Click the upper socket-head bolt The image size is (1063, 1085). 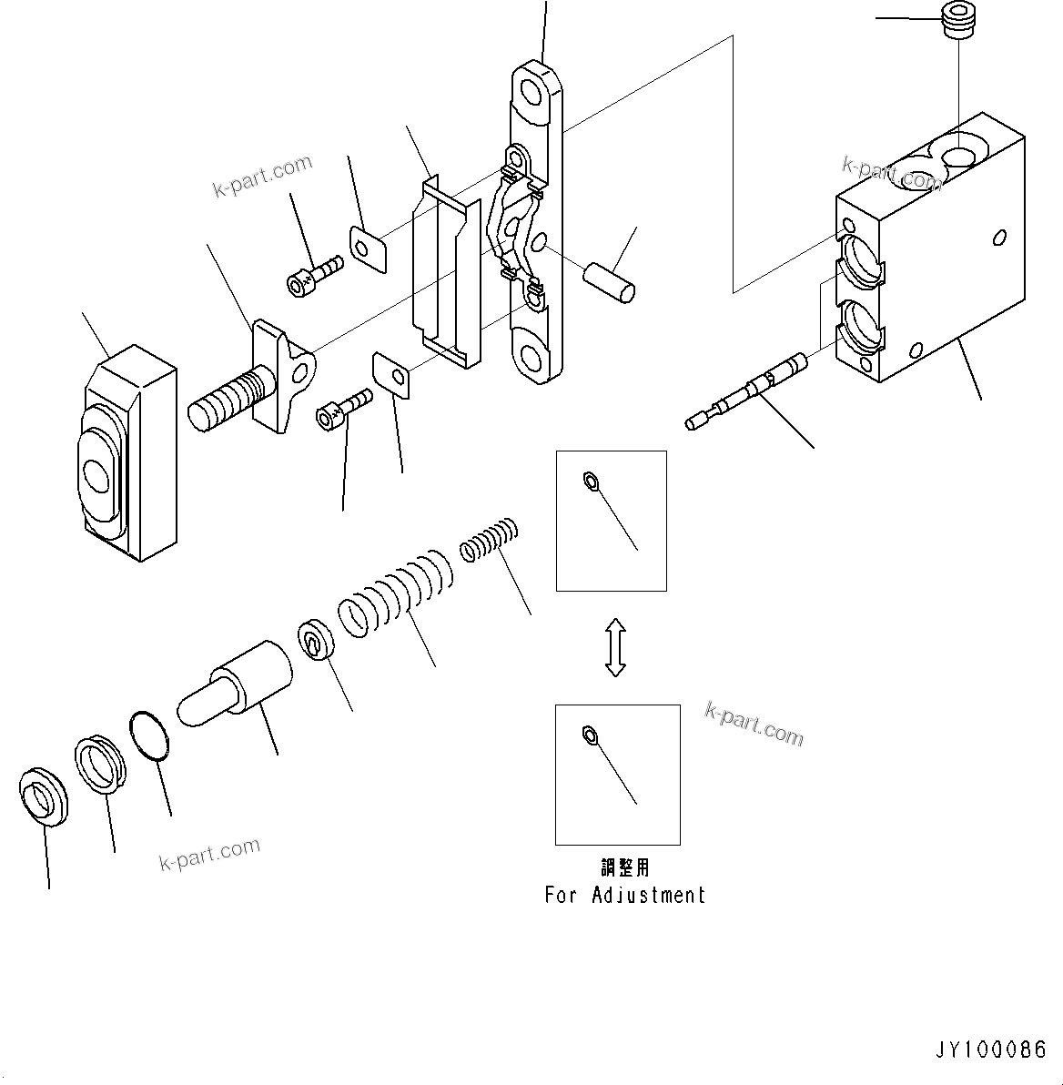pos(313,275)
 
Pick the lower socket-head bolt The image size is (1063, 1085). pos(343,407)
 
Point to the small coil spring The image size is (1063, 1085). pos(489,539)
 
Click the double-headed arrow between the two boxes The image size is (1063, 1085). pos(615,647)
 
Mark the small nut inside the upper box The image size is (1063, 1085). pos(589,481)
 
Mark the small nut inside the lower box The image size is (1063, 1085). pos(588,734)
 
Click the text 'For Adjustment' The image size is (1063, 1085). pos(625,895)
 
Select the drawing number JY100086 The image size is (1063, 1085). pos(990,1050)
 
